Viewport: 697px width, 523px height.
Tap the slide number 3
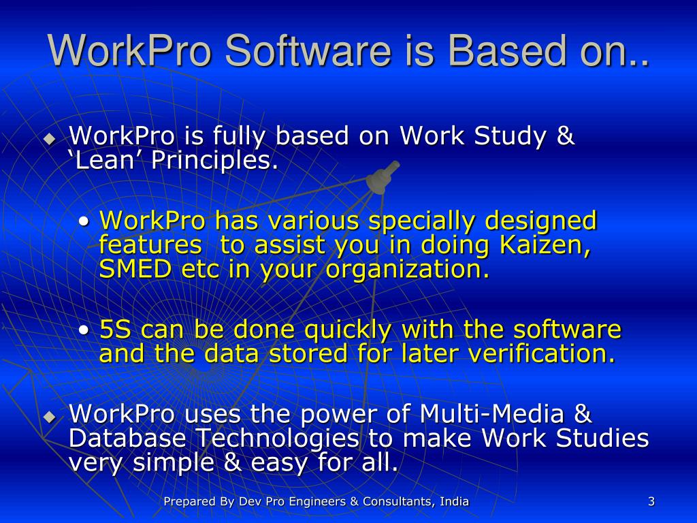[x=651, y=502]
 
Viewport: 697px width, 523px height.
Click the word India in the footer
[x=454, y=502]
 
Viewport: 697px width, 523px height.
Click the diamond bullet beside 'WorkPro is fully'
[x=49, y=139]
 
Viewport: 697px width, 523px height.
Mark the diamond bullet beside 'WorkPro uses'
[x=49, y=416]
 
